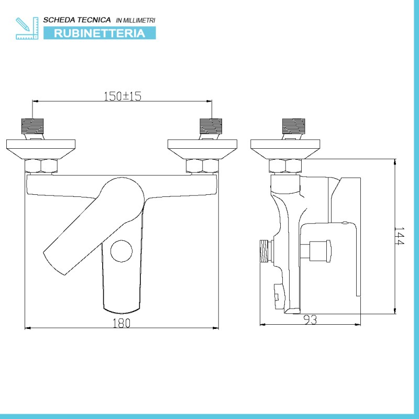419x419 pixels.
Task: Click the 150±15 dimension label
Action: [x=123, y=96]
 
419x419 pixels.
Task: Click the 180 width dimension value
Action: [x=122, y=323]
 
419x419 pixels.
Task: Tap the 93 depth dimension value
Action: [x=311, y=319]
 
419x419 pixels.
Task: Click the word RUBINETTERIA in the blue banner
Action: [x=100, y=33]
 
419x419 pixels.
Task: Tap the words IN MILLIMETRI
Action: [x=136, y=20]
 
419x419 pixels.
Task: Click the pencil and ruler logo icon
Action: [x=27, y=28]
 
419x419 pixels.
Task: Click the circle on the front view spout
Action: [x=122, y=251]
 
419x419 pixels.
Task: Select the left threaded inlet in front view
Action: [x=32, y=126]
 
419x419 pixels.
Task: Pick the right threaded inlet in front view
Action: [x=211, y=126]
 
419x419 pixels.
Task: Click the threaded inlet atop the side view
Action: [x=294, y=126]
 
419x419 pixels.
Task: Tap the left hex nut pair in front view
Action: [x=41, y=166]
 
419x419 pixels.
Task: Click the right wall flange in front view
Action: [x=203, y=149]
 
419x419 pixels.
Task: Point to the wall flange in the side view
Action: [x=285, y=149]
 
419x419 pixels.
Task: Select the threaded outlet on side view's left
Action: [x=266, y=251]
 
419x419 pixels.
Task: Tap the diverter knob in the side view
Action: [x=320, y=251]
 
